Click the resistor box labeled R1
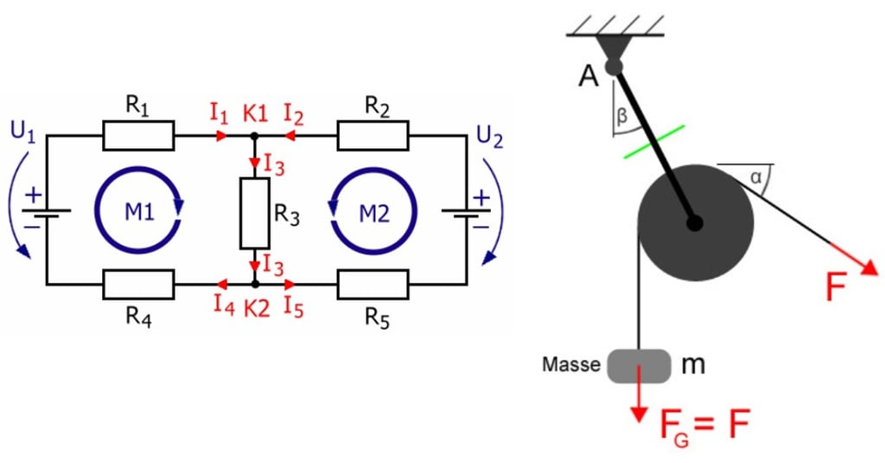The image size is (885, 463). coord(138,136)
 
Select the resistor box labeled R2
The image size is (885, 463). coord(372,136)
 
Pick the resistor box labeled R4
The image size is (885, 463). coord(138,283)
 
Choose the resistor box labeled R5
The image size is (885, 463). coord(372,283)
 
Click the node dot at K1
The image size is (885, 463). coord(255,136)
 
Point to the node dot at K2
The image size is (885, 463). coord(255,283)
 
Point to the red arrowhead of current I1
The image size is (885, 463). coord(222,136)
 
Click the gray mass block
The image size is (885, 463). coord(640,365)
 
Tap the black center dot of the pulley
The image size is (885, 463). coord(694,222)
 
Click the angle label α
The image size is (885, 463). coord(756,177)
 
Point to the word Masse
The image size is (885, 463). coord(571,364)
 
